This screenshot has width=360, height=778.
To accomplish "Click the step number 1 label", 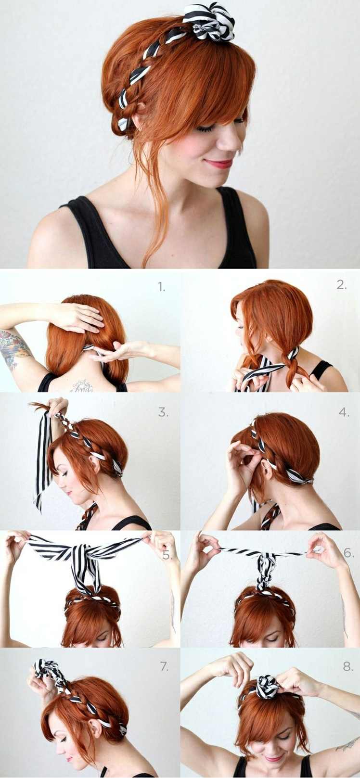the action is point(162,287).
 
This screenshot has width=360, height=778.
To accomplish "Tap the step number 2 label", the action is point(342,285).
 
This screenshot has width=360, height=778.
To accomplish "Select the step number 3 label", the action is point(163,412).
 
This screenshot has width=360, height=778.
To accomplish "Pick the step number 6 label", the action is point(348,553).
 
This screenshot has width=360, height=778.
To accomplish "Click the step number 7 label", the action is point(164,666).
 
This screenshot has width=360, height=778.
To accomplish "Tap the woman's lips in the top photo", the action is point(219,163).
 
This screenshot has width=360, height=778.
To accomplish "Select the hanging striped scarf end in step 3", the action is point(43,459).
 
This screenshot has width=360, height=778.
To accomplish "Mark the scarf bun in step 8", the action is point(267,686).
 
